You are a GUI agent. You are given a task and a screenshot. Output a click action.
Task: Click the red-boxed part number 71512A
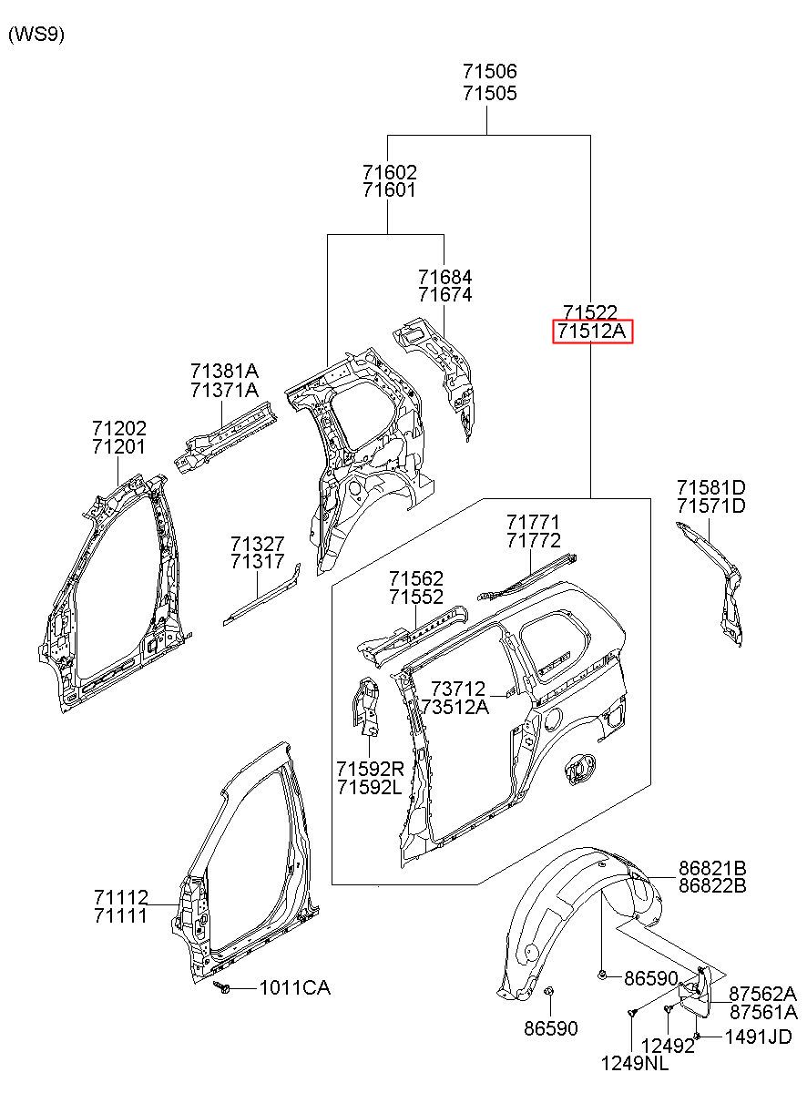tap(591, 331)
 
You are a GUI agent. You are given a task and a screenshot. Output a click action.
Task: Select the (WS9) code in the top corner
tap(36, 35)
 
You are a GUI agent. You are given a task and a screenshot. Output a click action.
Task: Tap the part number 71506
tap(489, 72)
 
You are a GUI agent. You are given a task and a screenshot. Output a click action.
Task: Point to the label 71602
tap(390, 172)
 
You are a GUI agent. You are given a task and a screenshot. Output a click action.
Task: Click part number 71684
tap(444, 277)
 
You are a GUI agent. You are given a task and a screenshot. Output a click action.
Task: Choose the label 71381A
tap(225, 371)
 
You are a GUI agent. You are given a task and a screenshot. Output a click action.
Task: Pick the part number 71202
tap(119, 428)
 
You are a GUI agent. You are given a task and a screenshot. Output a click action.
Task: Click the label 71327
tap(258, 544)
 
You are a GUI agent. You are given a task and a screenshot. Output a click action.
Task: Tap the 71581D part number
tap(711, 487)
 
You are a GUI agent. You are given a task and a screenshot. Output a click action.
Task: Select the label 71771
tap(533, 522)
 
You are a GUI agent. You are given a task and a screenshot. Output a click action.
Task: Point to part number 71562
tap(416, 578)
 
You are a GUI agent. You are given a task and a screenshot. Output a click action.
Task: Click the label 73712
tap(458, 689)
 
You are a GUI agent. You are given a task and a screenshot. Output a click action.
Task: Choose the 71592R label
tap(371, 768)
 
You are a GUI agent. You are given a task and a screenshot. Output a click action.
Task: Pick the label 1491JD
tap(758, 1035)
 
